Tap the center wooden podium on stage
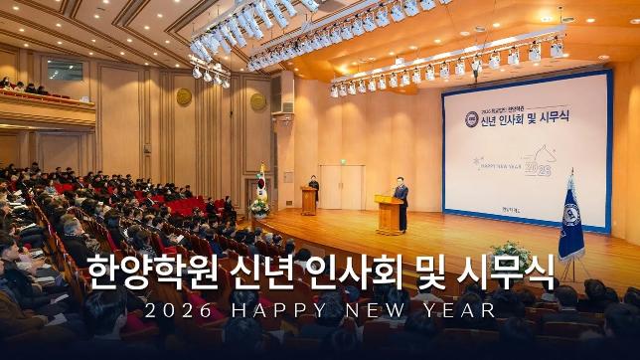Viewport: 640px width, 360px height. click(x=389, y=215)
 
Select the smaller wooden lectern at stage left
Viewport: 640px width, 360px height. click(x=309, y=201)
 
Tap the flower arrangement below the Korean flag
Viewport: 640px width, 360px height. click(x=260, y=208)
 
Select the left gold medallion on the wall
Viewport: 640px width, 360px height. click(x=184, y=96)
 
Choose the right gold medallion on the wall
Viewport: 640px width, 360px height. click(x=258, y=101)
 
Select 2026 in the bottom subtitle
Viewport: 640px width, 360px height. click(x=178, y=310)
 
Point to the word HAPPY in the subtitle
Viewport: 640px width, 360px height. click(x=279, y=310)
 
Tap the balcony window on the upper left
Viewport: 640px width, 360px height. click(x=65, y=70)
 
